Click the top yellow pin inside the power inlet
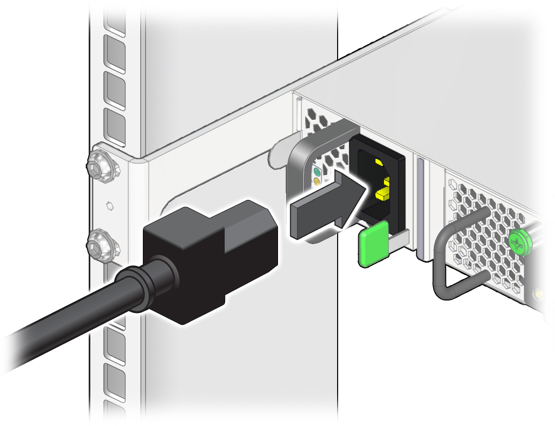click(379, 163)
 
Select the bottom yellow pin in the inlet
click(383, 195)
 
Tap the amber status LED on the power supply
click(317, 181)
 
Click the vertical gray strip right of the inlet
click(421, 206)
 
